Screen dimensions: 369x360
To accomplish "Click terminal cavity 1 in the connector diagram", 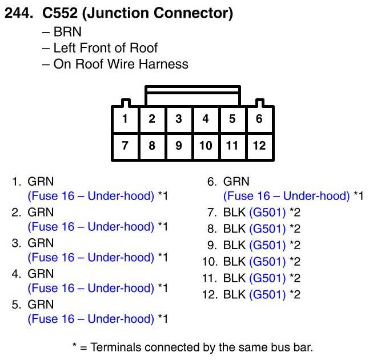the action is point(126,119).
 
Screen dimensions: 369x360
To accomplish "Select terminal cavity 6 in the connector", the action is point(259,119).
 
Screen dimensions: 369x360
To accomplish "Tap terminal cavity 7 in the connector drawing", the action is point(126,146).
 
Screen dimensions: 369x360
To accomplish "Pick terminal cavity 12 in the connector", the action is point(259,146).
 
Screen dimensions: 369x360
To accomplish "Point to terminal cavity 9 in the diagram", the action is point(179,146).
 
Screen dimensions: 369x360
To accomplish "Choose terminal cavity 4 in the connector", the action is point(206,119).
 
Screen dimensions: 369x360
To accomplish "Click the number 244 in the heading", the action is point(18,13).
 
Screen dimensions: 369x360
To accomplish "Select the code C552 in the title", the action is point(60,13).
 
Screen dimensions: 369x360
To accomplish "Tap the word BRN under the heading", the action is point(67,32).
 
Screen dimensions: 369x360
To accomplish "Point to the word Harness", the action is point(163,64).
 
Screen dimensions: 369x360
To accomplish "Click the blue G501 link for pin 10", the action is point(267,262).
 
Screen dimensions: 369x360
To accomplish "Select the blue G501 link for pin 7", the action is point(267,213).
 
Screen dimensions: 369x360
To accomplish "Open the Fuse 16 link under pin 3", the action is point(91,257).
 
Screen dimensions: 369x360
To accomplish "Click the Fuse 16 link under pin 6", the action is point(286,196).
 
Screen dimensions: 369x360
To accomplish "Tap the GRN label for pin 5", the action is point(41,305).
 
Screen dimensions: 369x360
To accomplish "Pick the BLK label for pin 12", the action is point(234,294).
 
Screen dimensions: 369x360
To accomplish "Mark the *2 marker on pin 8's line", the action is point(295,229).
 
